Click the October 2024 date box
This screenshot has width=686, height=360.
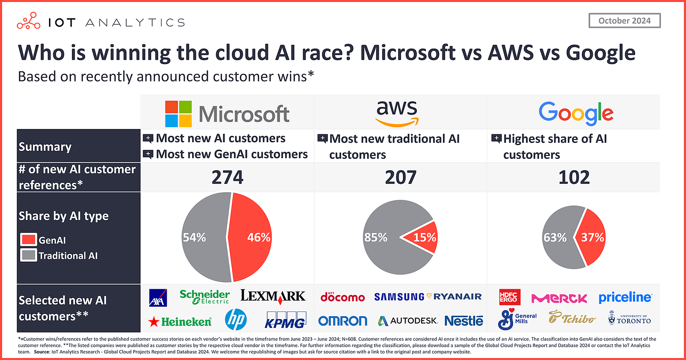(x=624, y=21)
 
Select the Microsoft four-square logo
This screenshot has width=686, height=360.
(x=179, y=113)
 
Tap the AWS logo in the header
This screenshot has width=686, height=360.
(x=397, y=113)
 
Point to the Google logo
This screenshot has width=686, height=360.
(x=576, y=113)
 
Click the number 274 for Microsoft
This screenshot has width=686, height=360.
(x=227, y=177)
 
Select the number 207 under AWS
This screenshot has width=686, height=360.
(x=400, y=177)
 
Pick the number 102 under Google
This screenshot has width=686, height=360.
(x=574, y=177)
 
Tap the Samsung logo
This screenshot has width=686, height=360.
(x=399, y=296)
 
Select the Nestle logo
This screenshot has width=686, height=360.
(x=464, y=321)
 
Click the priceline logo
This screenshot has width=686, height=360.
(x=625, y=297)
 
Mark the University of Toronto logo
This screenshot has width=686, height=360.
(x=629, y=319)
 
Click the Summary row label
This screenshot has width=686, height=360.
(x=45, y=147)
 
